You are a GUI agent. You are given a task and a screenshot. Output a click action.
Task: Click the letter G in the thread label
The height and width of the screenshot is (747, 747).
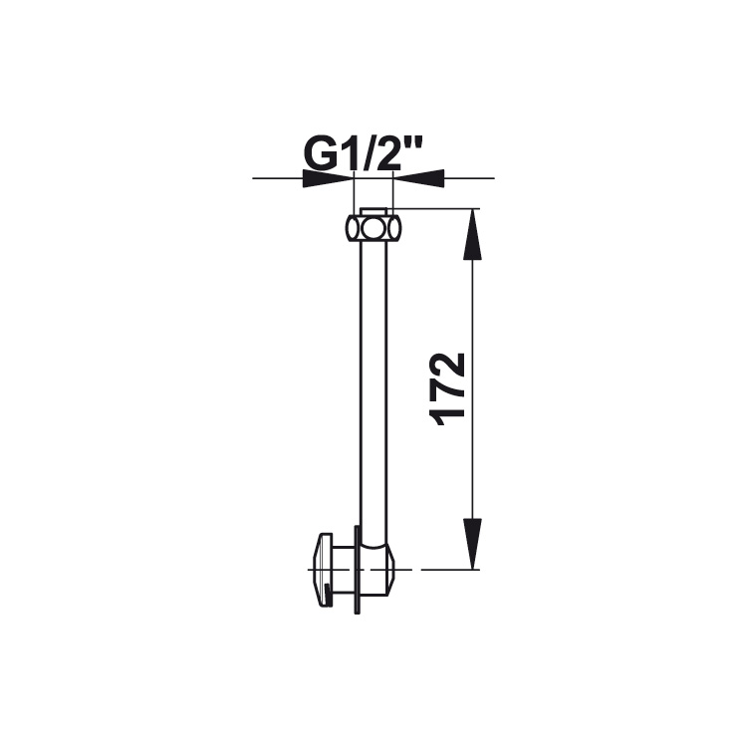(319, 155)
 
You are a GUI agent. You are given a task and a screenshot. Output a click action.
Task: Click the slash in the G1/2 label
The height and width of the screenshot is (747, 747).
(365, 155)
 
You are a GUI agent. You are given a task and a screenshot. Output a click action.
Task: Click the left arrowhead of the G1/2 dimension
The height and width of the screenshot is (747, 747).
(329, 178)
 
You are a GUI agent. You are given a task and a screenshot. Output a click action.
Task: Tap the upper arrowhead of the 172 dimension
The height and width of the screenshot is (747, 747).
(472, 234)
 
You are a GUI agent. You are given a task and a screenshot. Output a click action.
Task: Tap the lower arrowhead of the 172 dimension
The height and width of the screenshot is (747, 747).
(472, 544)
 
